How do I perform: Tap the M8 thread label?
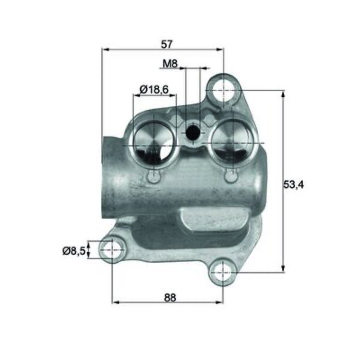170,63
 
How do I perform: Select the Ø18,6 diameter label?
154,89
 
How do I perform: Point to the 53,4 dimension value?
293,184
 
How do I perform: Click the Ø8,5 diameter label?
74,251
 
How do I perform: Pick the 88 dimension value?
170,297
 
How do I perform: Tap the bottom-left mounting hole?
112,250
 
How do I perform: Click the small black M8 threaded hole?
193,133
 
